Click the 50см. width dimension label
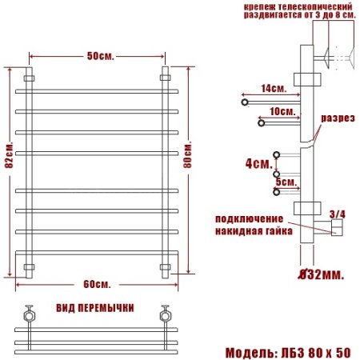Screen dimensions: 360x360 pyautogui.click(x=98, y=56)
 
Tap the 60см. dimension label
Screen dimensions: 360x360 pyautogui.click(x=97, y=286)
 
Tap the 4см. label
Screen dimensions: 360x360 pyautogui.click(x=256, y=164)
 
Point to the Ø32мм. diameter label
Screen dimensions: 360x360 pyautogui.click(x=320, y=274)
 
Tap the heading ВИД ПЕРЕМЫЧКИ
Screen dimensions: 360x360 pyautogui.click(x=95, y=308)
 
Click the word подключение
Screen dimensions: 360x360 pyautogui.click(x=248, y=218)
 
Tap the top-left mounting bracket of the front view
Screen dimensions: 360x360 pyautogui.click(x=30, y=78)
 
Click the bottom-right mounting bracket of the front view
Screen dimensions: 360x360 pyautogui.click(x=166, y=266)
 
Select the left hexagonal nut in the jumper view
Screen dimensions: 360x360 pyautogui.click(x=30, y=314)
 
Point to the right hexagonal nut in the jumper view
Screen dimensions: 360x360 pyautogui.click(x=166, y=314)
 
